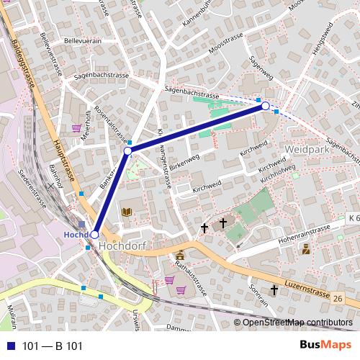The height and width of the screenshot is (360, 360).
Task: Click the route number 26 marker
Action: point(338,297)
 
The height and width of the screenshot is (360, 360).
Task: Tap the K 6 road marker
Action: point(352,217)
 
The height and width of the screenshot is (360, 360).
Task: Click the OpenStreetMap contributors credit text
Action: point(297,322)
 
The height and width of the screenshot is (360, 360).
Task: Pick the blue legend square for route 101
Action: point(9,346)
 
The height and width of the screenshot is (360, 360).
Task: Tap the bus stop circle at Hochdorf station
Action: point(94,235)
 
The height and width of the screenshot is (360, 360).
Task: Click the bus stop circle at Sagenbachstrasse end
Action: point(265,107)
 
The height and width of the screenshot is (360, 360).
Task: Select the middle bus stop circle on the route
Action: point(127,151)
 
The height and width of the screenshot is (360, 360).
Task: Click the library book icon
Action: point(127,212)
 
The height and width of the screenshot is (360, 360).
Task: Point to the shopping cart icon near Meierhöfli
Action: point(76,129)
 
